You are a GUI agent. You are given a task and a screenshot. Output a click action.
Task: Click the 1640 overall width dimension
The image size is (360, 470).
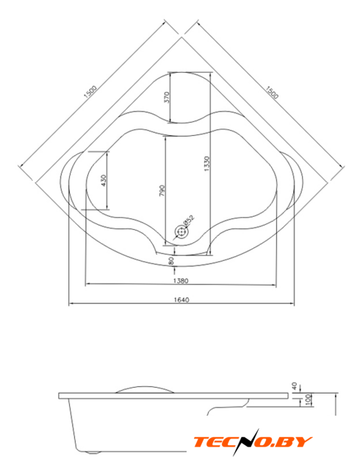[181, 300]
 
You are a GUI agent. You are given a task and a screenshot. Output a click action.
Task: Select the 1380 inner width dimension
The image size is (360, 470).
[181, 281]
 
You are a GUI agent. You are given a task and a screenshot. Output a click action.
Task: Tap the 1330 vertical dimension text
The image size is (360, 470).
[206, 164]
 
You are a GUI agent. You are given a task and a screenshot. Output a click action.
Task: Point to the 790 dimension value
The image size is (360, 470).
[162, 191]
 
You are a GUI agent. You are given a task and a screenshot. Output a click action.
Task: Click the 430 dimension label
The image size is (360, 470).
[104, 181]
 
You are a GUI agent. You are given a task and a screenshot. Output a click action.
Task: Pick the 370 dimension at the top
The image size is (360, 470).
[167, 97]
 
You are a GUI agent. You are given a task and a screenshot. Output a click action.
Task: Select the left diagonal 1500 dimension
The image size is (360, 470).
[90, 92]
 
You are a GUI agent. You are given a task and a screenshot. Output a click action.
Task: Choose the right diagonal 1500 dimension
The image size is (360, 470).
[272, 92]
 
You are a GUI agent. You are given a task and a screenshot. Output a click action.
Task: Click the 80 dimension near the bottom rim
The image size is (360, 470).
[172, 261]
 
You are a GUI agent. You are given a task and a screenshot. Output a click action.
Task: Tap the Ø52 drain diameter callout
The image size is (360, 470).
[189, 220]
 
